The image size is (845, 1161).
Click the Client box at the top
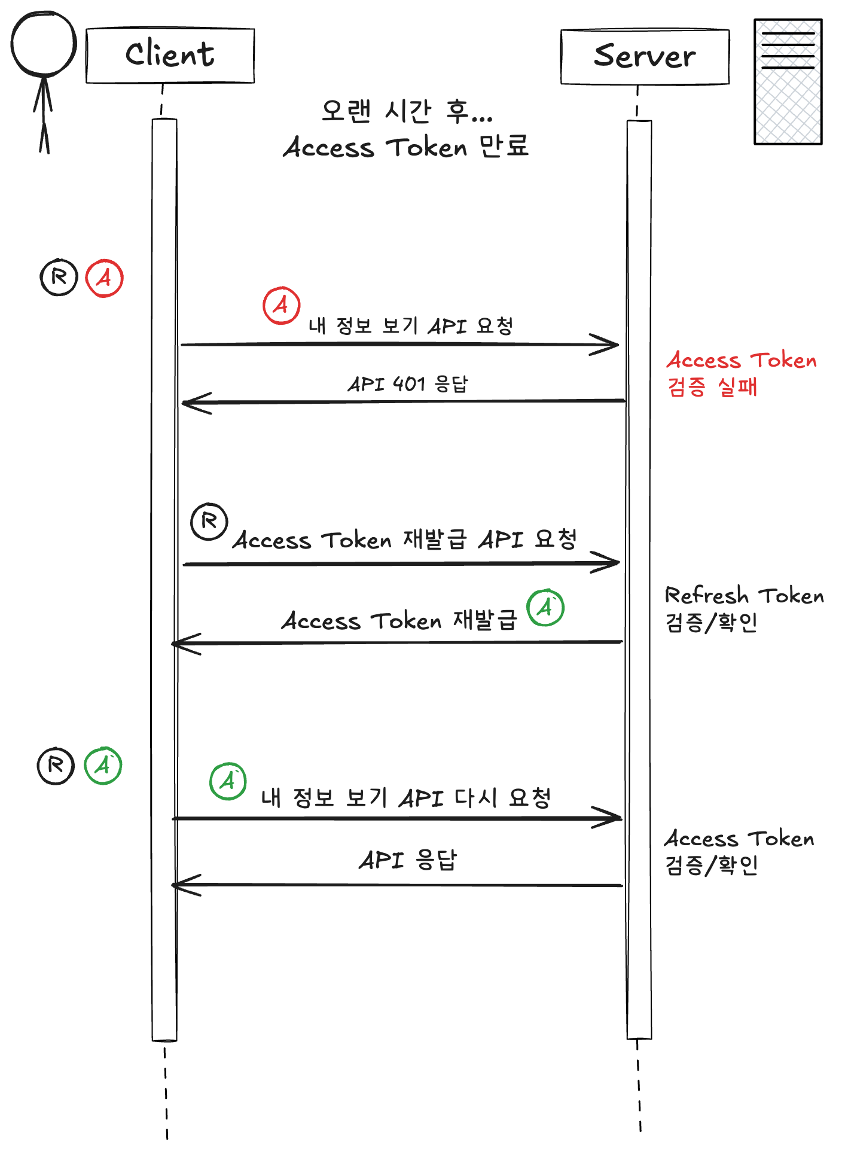click(170, 55)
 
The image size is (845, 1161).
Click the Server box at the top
click(645, 57)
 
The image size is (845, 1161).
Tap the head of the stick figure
click(44, 44)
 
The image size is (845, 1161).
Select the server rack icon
click(788, 82)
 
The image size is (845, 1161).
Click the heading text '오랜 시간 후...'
click(407, 111)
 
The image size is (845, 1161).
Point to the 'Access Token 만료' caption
click(407, 147)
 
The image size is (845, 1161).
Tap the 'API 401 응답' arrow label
click(408, 383)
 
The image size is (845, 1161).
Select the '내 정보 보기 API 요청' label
click(411, 326)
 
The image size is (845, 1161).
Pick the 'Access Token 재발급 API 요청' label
click(405, 540)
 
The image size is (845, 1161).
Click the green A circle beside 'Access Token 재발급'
click(545, 608)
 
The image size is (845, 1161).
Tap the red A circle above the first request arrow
click(281, 305)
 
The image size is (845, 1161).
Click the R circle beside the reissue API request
click(209, 522)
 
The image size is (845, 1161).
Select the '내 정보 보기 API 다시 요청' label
click(406, 797)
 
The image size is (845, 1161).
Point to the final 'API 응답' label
click(408, 860)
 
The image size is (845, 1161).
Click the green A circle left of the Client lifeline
click(103, 766)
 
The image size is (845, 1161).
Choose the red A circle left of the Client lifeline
click(104, 278)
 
